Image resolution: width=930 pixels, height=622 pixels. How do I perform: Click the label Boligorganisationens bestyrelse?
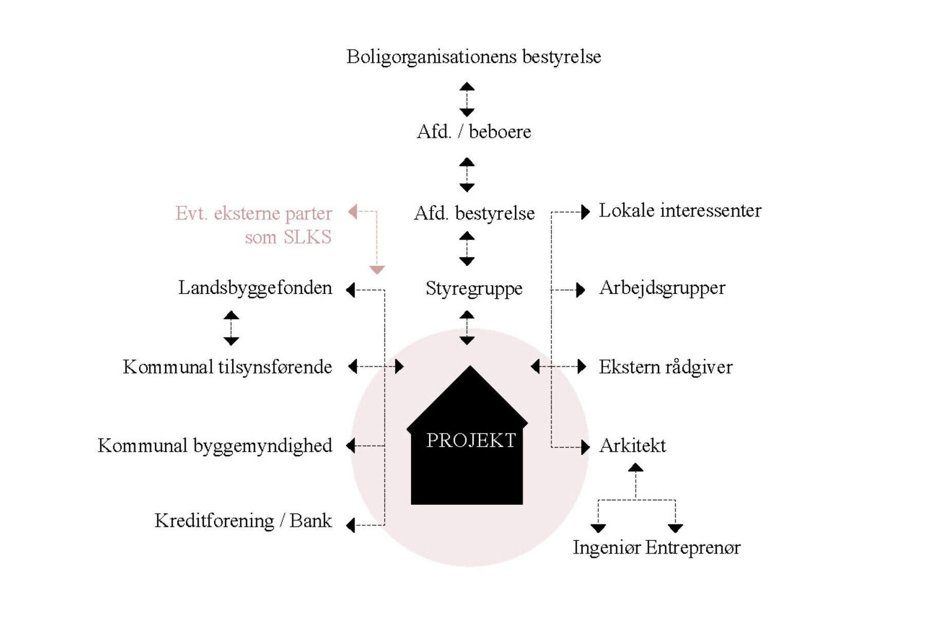pos(473,57)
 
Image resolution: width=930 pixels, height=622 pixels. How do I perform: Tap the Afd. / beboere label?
pos(474,132)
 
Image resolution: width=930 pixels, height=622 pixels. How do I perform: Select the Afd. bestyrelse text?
pos(474,213)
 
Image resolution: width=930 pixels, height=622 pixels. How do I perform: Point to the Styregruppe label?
pos(474,288)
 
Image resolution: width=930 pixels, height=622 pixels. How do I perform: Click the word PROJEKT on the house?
pos(471,441)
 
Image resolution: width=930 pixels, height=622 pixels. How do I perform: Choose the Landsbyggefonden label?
pos(255,288)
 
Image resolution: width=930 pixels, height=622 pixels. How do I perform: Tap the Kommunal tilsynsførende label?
pos(227,367)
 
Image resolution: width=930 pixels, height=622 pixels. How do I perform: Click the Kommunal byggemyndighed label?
pos(215,446)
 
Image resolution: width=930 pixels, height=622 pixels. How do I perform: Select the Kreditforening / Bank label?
pos(243,521)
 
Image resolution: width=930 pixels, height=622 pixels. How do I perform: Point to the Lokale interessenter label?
pos(680,210)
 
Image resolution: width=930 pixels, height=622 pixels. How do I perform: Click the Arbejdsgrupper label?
pos(662,288)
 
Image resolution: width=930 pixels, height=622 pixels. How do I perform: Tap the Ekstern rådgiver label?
pos(665,367)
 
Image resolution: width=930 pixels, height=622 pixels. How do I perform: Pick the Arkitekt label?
pos(633,446)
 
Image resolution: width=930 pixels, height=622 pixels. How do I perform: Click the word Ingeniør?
pos(606,547)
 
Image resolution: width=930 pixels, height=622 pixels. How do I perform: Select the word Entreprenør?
pos(693,547)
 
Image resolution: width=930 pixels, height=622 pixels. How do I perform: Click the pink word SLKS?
pos(307,237)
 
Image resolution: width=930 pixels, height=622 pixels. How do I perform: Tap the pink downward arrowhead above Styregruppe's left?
pos(377,270)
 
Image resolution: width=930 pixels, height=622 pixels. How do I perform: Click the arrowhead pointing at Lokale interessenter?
pos(585,212)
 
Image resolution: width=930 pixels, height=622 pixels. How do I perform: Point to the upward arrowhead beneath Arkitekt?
pos(636,467)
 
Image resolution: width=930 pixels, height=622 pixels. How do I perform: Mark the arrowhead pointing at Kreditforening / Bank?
pos(351,525)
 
